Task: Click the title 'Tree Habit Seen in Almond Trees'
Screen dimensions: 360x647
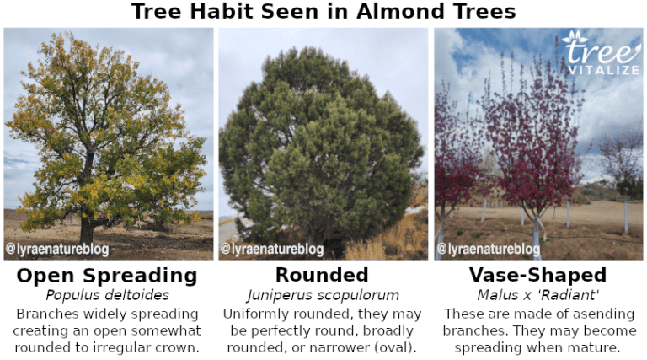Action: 323,12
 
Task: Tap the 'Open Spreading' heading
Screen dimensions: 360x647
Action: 107,276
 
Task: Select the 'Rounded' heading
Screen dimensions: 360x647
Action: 322,276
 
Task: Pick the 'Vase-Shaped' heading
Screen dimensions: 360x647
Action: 537,276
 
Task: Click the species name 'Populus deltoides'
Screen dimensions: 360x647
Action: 107,295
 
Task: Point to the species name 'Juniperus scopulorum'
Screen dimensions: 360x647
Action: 322,295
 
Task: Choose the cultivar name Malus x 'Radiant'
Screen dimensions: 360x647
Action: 537,295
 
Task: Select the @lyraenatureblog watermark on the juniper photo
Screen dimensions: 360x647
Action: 272,250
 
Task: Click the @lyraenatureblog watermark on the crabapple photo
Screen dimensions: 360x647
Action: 489,250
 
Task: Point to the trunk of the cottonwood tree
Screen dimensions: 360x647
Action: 87,226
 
